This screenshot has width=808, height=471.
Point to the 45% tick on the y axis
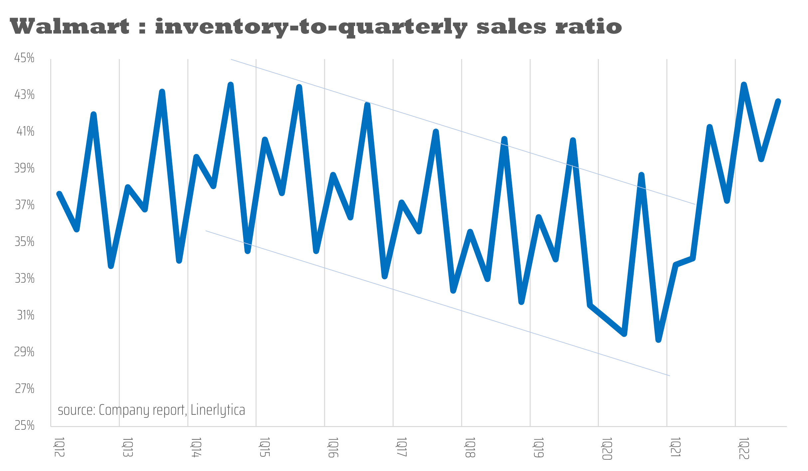click(x=24, y=58)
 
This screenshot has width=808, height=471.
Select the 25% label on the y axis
click(x=24, y=426)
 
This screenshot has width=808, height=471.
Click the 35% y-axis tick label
click(x=24, y=242)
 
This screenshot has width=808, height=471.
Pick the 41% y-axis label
click(x=25, y=132)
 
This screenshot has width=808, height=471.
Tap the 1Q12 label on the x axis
click(x=59, y=447)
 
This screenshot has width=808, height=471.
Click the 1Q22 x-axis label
click(x=744, y=449)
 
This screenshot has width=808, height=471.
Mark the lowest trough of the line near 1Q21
click(x=658, y=340)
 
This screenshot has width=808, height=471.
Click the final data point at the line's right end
click(x=778, y=102)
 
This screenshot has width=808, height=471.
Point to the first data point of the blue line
click(x=59, y=194)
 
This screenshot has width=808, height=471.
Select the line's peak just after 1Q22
click(x=744, y=85)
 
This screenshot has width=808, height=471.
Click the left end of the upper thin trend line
click(x=231, y=60)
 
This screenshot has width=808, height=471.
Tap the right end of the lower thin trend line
click(x=669, y=375)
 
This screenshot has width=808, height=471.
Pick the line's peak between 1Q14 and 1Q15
click(x=231, y=85)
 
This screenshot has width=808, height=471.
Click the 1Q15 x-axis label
click(x=264, y=447)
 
